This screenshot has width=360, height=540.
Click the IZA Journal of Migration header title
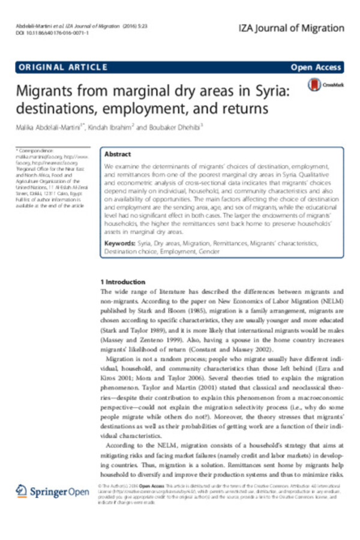point(292,28)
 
